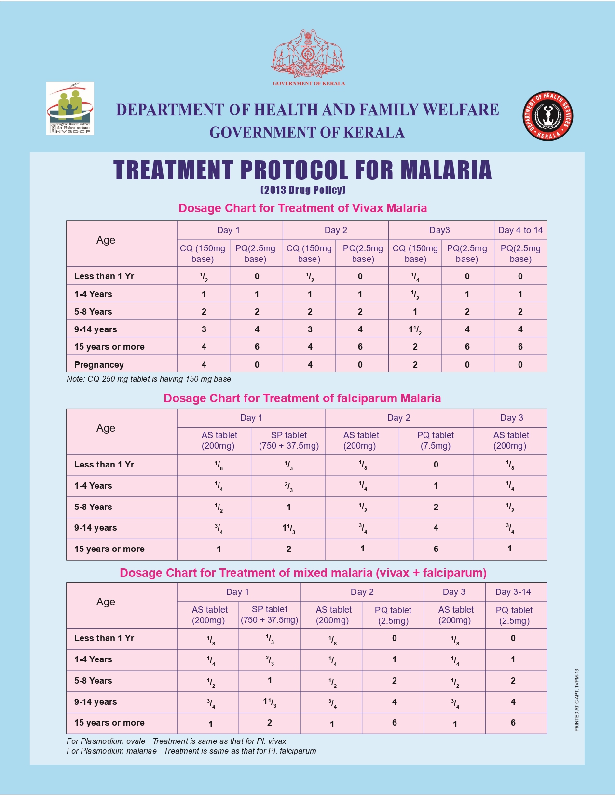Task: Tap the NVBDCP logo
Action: coord(70,108)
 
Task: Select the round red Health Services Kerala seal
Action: coord(548,116)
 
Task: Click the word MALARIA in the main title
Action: coord(446,170)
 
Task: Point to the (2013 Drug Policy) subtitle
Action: coord(303,190)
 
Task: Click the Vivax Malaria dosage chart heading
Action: coord(302,208)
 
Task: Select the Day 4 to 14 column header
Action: coord(520,230)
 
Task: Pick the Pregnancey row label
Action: coord(99,365)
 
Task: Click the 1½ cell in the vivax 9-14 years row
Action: coord(415,330)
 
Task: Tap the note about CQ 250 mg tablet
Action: coord(149,379)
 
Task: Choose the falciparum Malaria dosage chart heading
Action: coord(302,398)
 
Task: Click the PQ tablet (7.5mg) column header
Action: coord(436,440)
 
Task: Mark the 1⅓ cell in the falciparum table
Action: coord(288,528)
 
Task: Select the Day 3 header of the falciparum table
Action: coord(511,418)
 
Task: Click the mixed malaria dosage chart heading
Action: coord(303,573)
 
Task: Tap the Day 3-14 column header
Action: coord(513,592)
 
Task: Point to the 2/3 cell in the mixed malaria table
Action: coord(270,660)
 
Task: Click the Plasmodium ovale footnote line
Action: coord(177,741)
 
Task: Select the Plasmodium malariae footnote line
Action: coord(191,751)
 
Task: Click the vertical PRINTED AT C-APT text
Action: coord(576,700)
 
